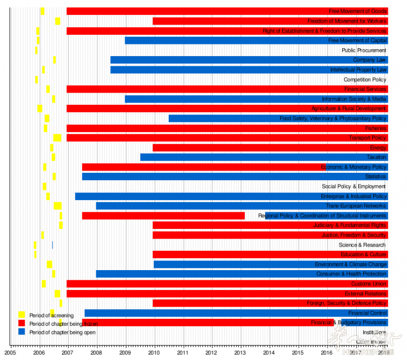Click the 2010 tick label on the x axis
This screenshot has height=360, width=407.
tap(154, 353)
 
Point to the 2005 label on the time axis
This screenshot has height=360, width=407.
tap(10, 353)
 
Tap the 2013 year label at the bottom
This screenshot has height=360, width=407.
tap(240, 353)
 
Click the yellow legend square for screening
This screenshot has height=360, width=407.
tap(21, 315)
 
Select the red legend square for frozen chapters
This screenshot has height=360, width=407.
tap(21, 323)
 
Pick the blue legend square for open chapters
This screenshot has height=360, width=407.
tap(21, 332)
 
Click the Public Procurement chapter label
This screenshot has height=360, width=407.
tap(364, 50)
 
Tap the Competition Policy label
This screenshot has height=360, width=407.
tap(365, 80)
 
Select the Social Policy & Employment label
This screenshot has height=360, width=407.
tap(353, 187)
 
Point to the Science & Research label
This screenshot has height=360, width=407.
tap(362, 245)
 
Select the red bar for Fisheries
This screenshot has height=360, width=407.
tap(214, 128)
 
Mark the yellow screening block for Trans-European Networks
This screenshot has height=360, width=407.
tap(58, 206)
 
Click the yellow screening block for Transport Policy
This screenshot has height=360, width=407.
tap(57, 138)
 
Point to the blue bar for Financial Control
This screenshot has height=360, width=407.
tap(214, 313)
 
